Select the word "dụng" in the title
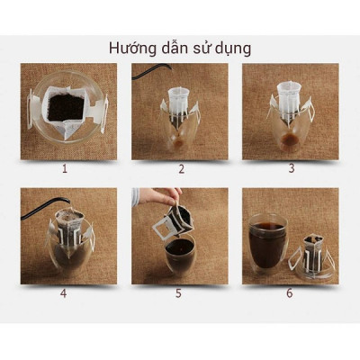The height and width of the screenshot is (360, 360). click(232, 48)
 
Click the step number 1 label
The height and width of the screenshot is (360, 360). click(64, 168)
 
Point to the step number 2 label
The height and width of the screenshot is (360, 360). click(181, 168)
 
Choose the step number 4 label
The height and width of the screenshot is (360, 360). click(64, 292)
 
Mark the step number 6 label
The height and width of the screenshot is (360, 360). click(290, 292)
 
